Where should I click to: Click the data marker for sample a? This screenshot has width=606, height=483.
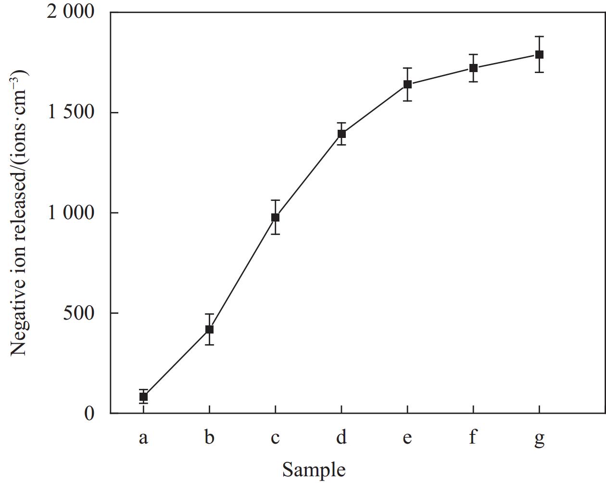pos(143,397)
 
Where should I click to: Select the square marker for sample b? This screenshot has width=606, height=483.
pos(209,329)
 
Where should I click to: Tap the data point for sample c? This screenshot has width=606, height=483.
pos(275,217)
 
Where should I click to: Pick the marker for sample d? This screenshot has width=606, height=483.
pos(341,134)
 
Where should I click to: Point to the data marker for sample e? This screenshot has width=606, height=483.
pos(407,85)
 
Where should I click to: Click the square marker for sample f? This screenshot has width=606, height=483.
pos(473,68)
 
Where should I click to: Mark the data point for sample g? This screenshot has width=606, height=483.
pos(539,54)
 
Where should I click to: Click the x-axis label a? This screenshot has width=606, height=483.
pos(143,438)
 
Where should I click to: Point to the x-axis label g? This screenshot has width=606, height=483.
pos(539,439)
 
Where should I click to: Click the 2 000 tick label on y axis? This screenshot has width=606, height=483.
pos(71,12)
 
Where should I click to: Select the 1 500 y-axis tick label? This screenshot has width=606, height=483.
pos(71,112)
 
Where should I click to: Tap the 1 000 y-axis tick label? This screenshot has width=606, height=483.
pos(71,212)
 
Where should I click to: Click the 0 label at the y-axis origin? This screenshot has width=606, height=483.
pos(89,413)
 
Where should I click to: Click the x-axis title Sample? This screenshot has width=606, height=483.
pos(314,470)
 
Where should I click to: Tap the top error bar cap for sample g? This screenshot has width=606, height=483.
pos(539,37)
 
